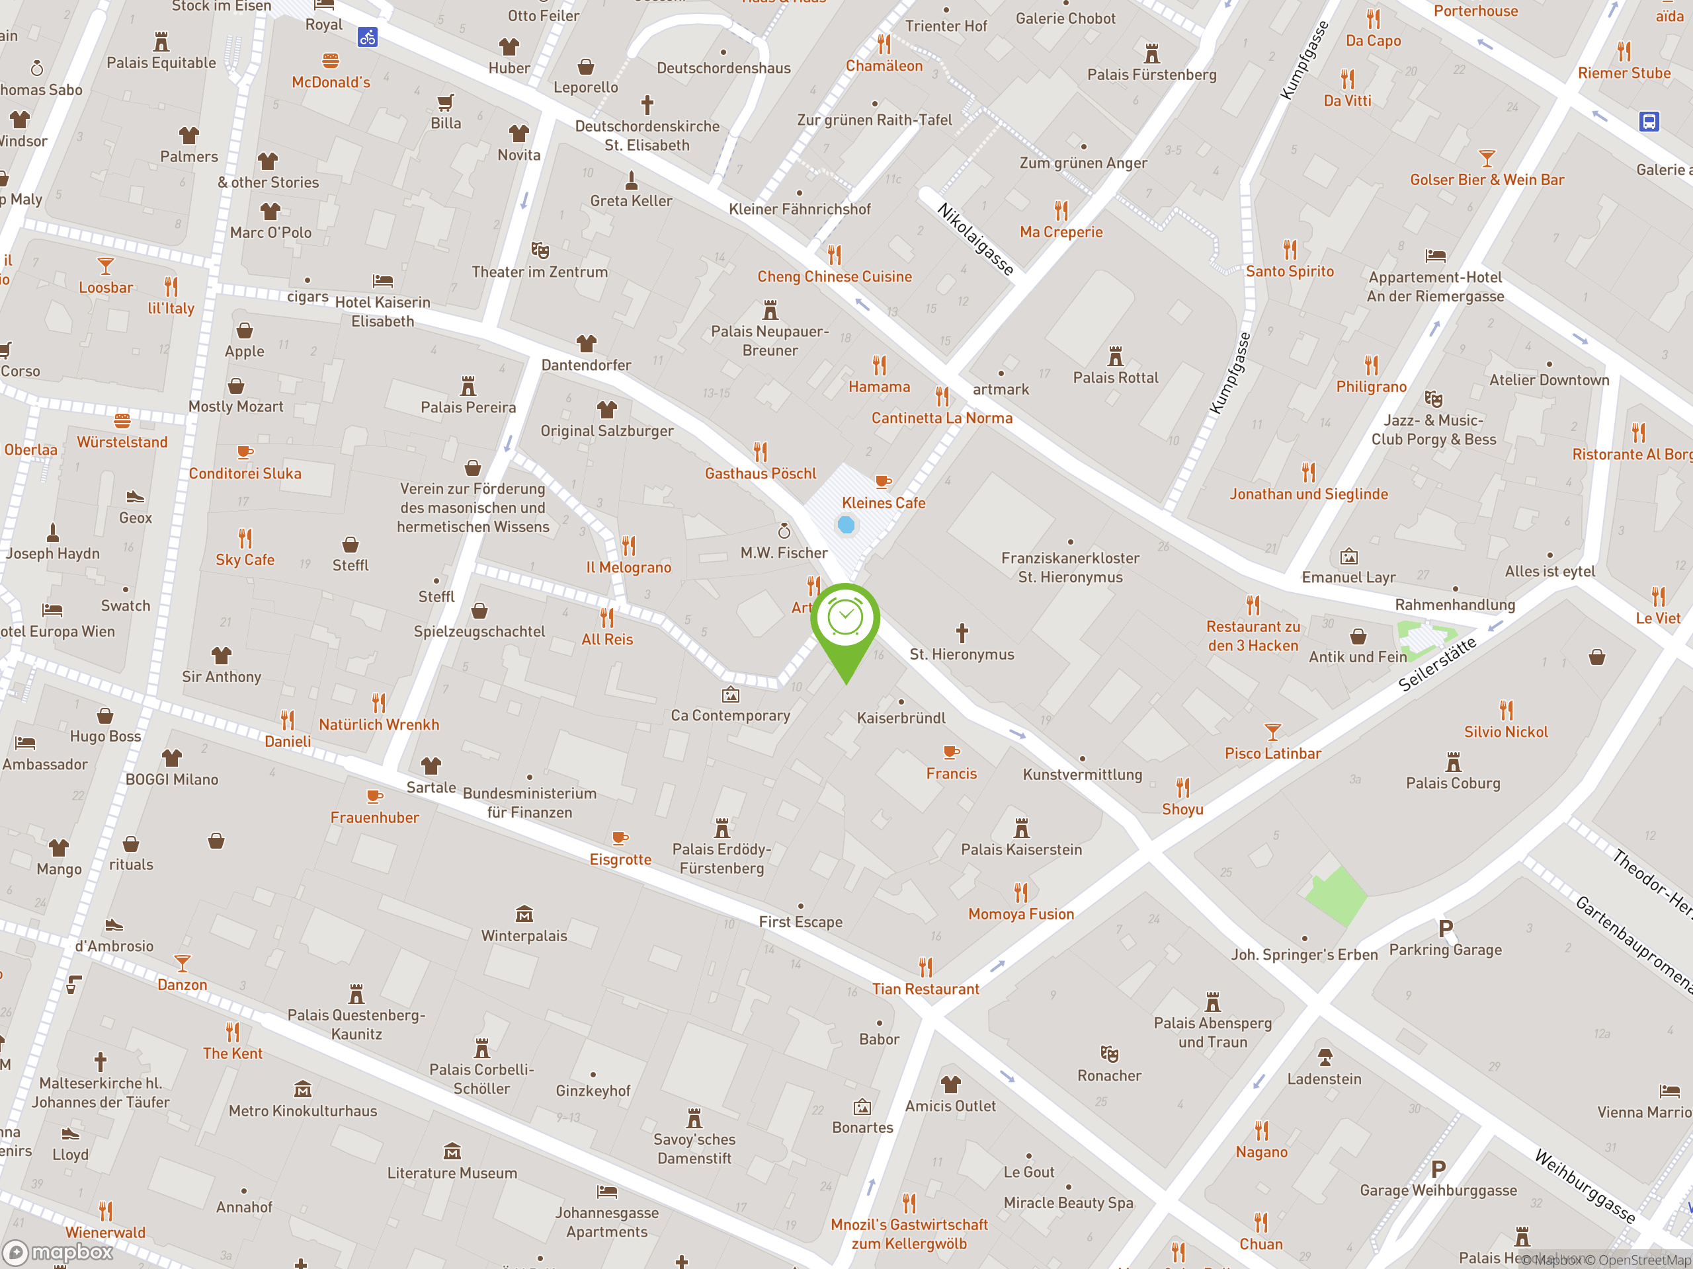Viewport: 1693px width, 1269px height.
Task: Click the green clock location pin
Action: (845, 619)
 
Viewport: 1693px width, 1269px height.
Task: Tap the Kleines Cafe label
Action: (884, 502)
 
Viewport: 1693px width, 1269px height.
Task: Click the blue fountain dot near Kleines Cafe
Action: (846, 525)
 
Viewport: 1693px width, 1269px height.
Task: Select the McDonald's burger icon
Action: (331, 60)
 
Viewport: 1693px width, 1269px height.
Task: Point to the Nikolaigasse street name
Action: (976, 239)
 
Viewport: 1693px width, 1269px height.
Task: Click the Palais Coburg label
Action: (1453, 783)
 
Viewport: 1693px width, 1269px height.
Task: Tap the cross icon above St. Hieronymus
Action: (962, 633)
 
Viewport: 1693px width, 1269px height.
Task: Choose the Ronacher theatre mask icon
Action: (1109, 1054)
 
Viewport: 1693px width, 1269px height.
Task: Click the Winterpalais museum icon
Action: (524, 914)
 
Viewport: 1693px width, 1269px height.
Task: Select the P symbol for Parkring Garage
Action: (1445, 929)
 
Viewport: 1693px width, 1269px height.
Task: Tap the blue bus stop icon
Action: (1649, 122)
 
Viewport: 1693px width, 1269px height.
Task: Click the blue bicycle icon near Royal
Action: (368, 37)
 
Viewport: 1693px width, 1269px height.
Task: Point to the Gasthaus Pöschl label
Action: (760, 473)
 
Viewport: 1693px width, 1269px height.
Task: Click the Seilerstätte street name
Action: (1436, 664)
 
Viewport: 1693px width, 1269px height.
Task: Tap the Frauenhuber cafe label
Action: (374, 817)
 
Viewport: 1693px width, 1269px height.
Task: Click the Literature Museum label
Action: (452, 1173)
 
